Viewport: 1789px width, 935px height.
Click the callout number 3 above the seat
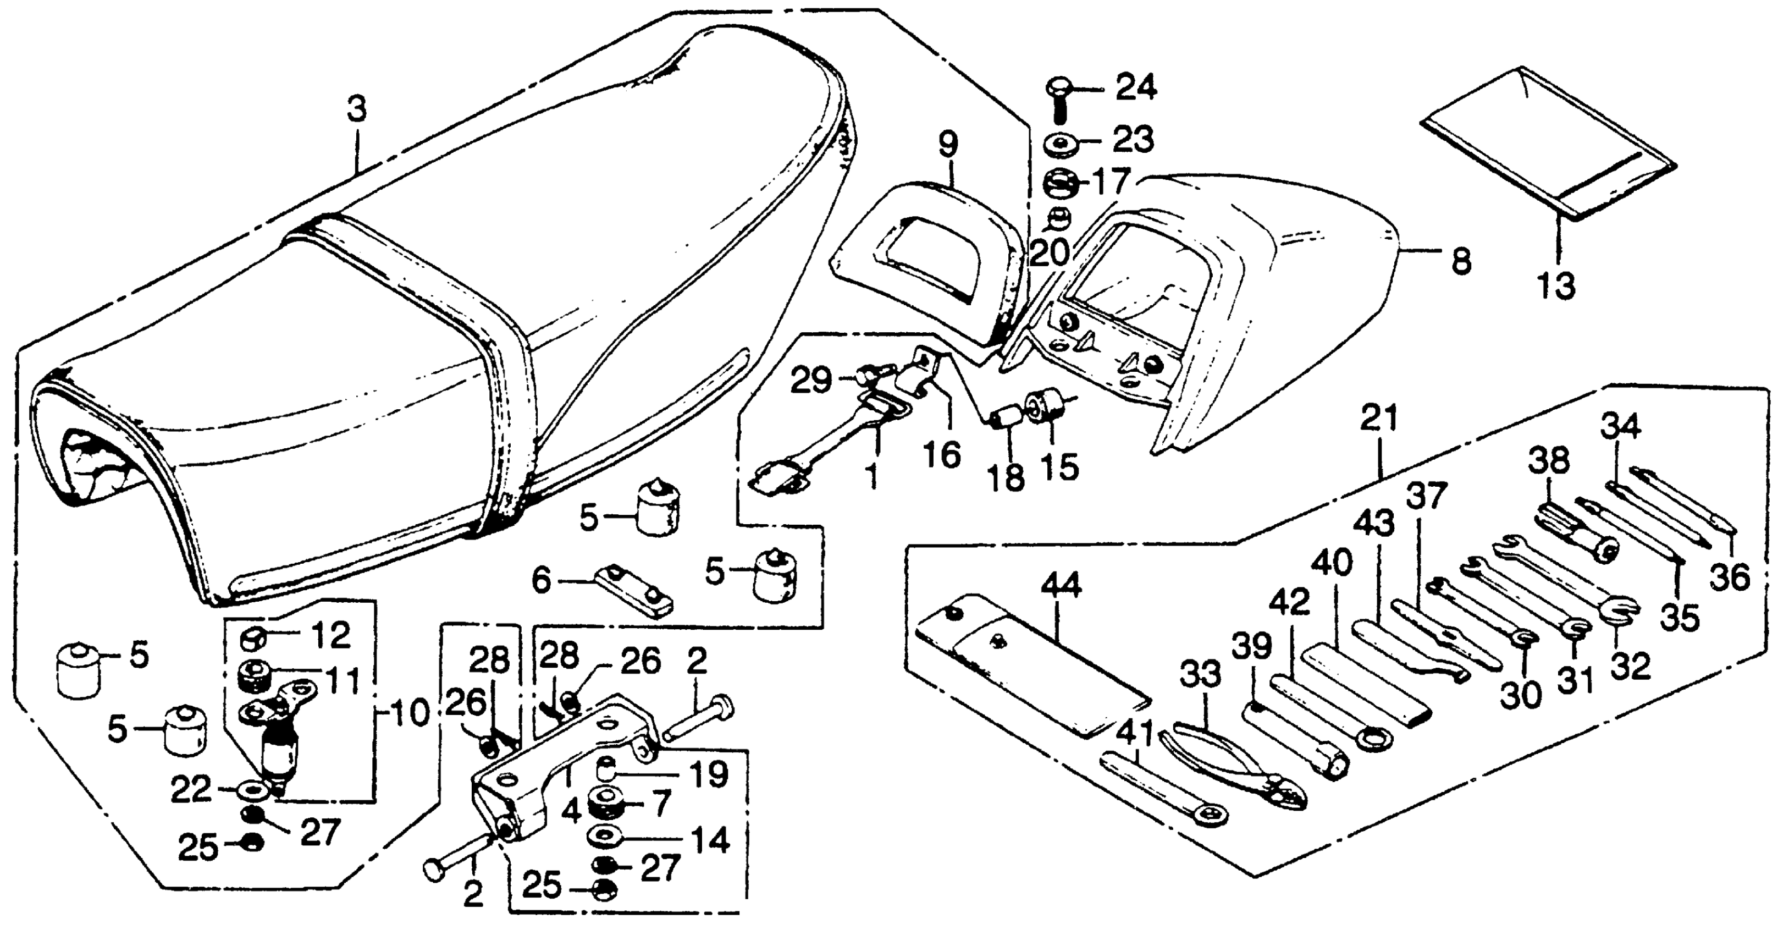(356, 111)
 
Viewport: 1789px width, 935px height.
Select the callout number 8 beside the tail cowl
(1461, 262)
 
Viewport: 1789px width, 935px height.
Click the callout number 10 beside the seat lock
(409, 713)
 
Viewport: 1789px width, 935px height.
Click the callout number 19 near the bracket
(708, 774)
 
